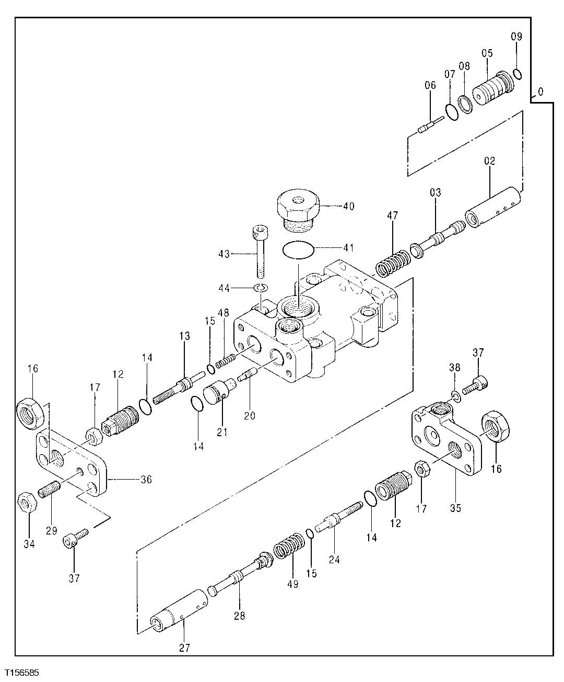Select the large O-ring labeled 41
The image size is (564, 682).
299,250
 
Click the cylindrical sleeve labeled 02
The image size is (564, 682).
493,210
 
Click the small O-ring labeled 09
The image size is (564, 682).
517,74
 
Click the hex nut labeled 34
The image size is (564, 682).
27,503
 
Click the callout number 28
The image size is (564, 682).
240,616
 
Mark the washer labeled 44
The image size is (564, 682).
261,288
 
